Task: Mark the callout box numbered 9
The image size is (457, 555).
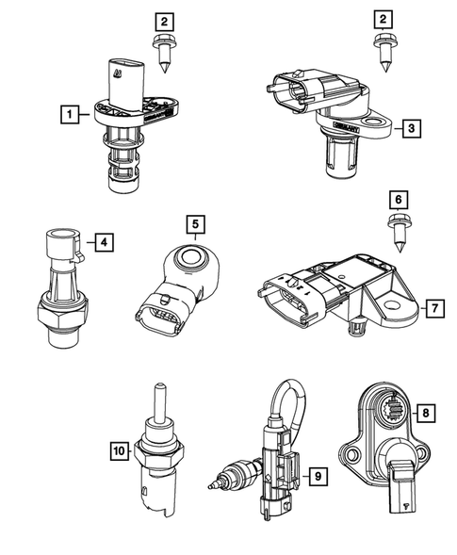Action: [x=319, y=478]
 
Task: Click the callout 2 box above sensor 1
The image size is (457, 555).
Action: [x=165, y=20]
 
